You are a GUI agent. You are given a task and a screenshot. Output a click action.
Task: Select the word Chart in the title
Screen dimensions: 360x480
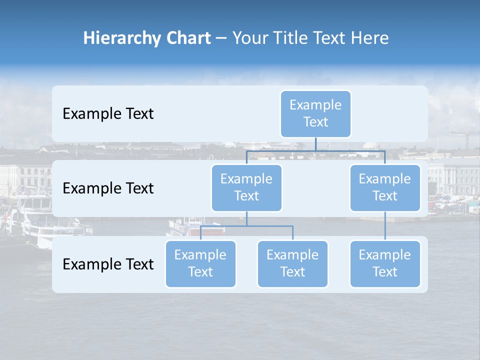189,38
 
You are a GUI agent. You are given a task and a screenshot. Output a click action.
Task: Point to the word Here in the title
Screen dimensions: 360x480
369,38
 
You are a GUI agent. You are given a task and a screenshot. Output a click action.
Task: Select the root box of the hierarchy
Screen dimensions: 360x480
315,114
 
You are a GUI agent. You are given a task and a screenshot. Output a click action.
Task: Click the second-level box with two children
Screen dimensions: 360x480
246,188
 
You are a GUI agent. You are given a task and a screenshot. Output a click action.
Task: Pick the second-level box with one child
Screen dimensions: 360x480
385,188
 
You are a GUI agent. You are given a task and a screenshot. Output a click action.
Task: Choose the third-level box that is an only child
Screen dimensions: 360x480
385,264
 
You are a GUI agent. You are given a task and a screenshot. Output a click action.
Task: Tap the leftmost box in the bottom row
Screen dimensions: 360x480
200,264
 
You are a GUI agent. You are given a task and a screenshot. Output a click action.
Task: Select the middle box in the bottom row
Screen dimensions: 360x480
292,264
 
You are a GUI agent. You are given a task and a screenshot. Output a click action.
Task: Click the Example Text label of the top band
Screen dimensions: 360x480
108,114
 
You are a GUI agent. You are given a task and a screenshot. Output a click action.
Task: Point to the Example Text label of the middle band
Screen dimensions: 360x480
108,188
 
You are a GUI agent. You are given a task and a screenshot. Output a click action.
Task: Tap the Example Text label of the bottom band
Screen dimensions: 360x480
108,264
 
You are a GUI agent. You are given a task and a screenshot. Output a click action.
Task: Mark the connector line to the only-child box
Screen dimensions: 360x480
385,226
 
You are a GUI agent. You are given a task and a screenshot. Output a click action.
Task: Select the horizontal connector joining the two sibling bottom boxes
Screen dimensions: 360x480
246,226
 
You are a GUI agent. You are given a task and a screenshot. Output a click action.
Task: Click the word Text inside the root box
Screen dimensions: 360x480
315,122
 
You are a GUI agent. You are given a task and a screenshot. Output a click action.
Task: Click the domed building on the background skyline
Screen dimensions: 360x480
370,145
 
